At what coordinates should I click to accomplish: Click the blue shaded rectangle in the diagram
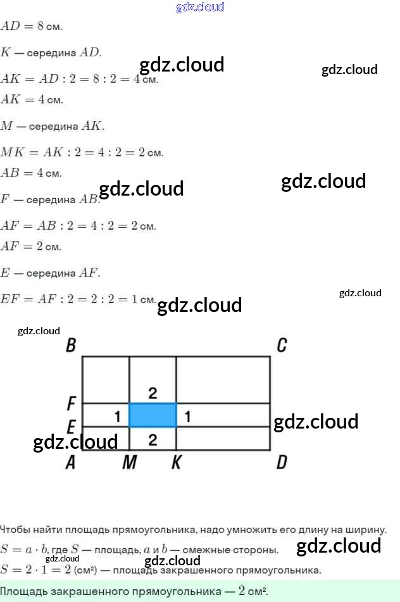[x=153, y=415]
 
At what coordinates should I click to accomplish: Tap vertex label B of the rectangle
[x=71, y=346]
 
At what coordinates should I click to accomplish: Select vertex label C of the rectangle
[x=282, y=345]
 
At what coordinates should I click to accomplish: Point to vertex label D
[x=282, y=462]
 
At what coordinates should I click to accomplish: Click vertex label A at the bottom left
[x=70, y=463]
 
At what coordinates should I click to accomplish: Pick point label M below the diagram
[x=130, y=463]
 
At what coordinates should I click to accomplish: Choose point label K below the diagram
[x=176, y=463]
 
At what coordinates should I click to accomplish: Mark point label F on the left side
[x=72, y=403]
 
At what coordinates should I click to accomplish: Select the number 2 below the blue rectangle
[x=153, y=439]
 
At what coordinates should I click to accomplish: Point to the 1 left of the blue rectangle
[x=117, y=416]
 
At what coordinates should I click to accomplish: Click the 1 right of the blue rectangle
[x=187, y=416]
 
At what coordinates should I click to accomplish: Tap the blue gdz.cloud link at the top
[x=200, y=8]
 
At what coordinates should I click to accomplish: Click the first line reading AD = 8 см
[x=32, y=27]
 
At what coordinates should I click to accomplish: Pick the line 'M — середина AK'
[x=53, y=126]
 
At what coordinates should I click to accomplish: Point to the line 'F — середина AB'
[x=50, y=199]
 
